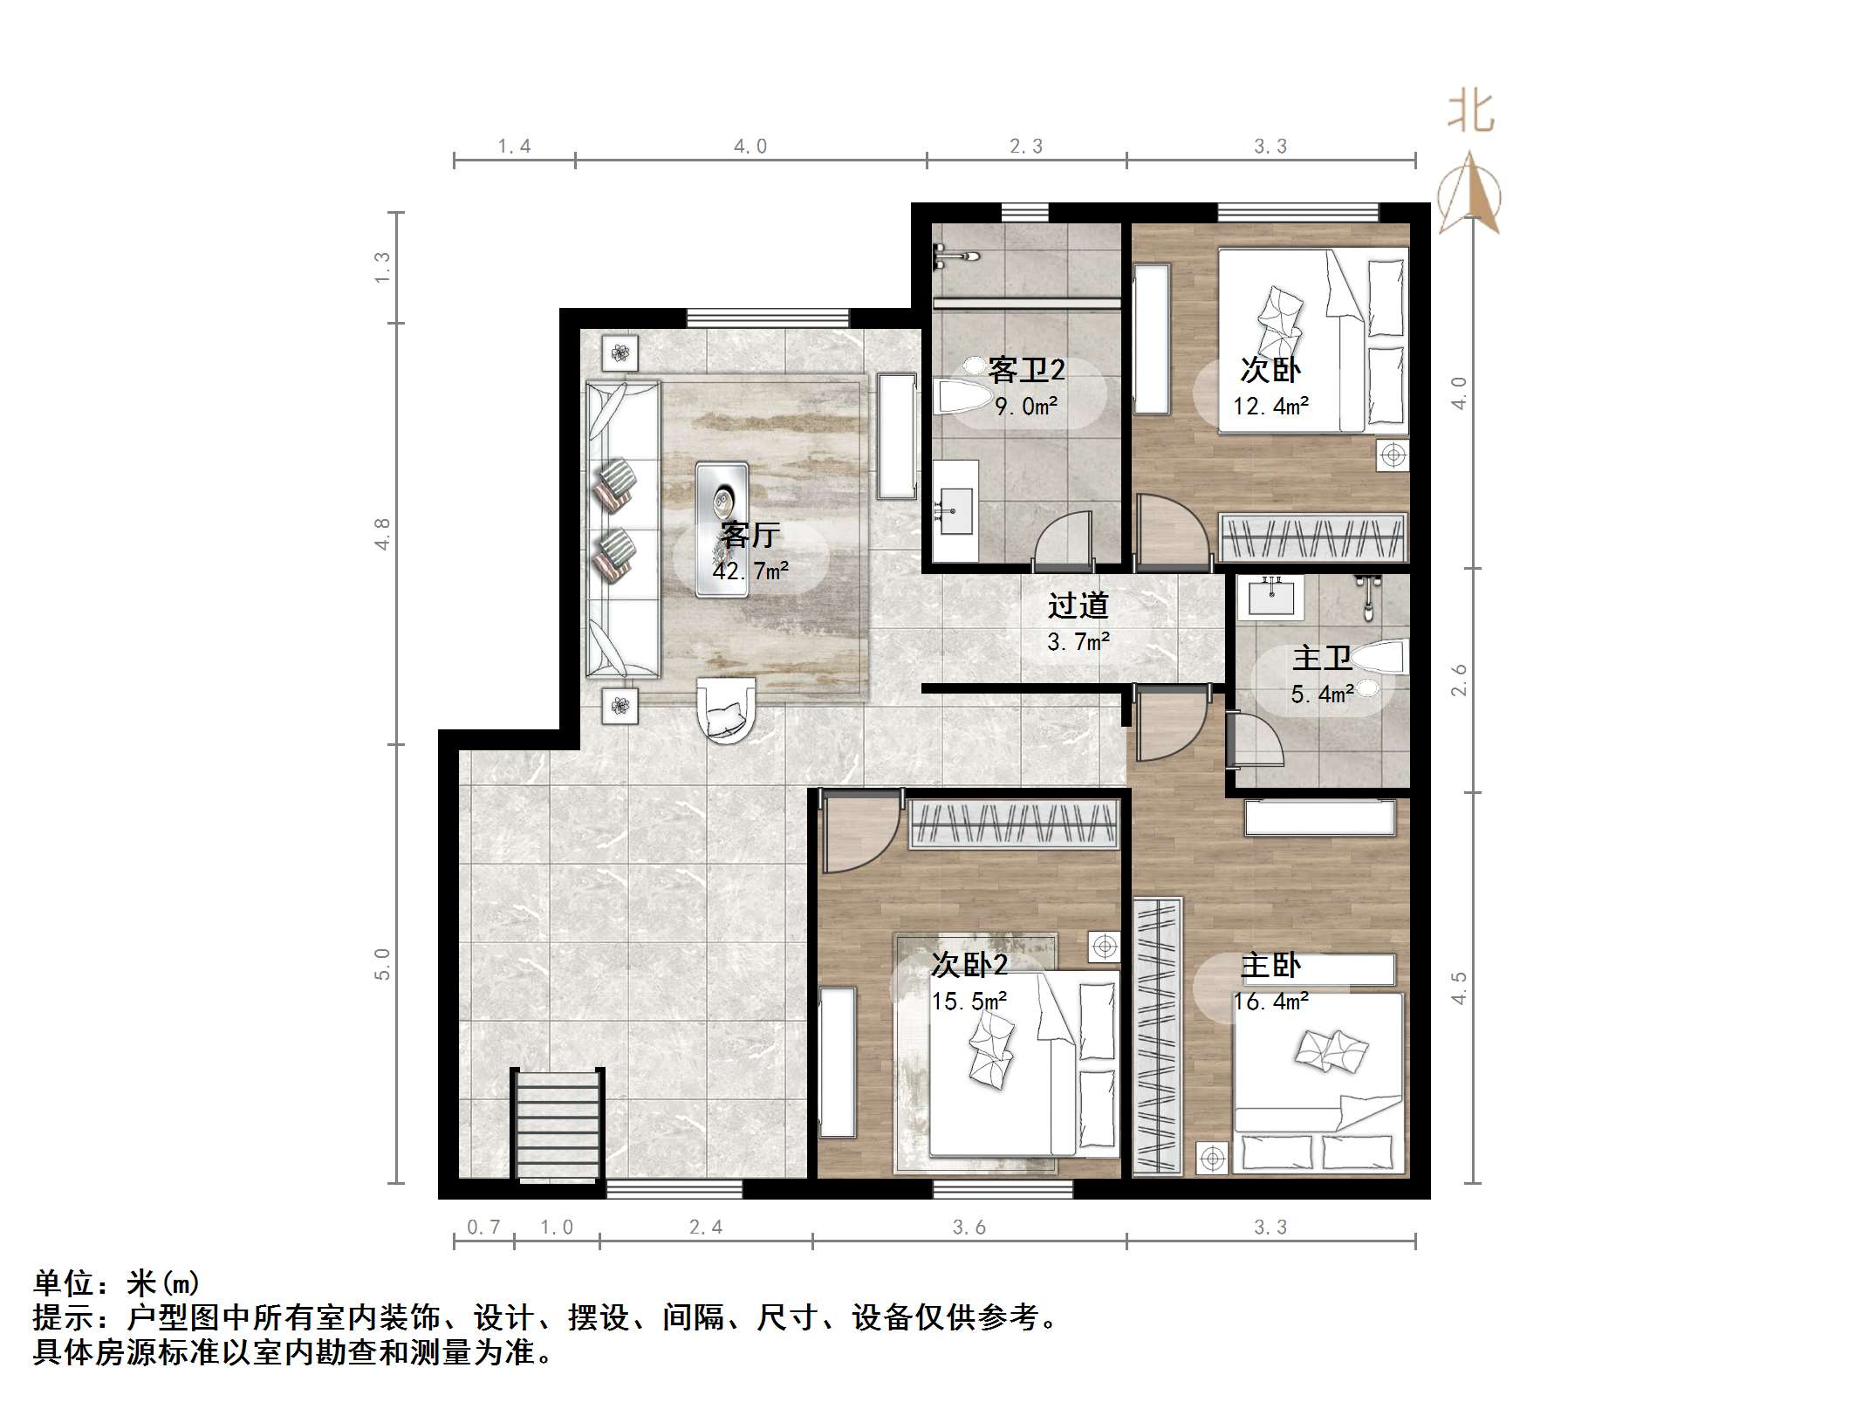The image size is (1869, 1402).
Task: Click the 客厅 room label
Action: [x=750, y=534]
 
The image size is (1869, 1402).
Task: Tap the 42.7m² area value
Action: [x=750, y=571]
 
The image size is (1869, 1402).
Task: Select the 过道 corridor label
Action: [x=1078, y=605]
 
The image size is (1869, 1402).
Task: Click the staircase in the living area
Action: [x=558, y=1125]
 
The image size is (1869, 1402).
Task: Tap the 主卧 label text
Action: [x=1270, y=966]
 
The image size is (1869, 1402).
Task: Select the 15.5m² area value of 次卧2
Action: [x=969, y=1002]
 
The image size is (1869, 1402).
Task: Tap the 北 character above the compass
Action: [x=1471, y=113]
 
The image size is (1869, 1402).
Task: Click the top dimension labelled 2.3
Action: [x=1026, y=147]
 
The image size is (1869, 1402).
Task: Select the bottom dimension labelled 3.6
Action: [x=969, y=1228]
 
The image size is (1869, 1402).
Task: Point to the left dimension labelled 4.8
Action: [x=381, y=533]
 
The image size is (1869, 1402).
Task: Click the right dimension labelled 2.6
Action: [x=1459, y=680]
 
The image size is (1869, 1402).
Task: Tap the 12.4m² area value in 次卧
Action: [x=1270, y=407]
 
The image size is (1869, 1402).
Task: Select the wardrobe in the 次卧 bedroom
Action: [x=1313, y=537]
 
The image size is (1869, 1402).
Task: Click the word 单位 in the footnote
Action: [x=64, y=1283]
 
